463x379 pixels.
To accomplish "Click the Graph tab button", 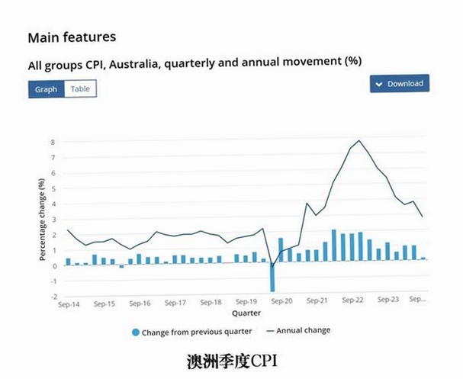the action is [x=47, y=89].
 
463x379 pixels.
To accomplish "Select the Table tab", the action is [x=80, y=89].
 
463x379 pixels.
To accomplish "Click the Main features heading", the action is [x=72, y=37].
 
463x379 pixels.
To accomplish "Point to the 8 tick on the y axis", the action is [x=53, y=142].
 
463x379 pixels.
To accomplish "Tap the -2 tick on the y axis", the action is [x=53, y=297].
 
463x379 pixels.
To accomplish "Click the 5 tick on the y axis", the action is [x=53, y=188].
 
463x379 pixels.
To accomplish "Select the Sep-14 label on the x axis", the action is [x=69, y=304].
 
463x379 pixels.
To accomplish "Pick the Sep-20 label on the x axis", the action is [x=281, y=301].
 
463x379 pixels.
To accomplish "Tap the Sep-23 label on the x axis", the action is [x=388, y=299].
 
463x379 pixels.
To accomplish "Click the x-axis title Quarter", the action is [x=246, y=313].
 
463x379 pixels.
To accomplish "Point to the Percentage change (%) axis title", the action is [x=42, y=220].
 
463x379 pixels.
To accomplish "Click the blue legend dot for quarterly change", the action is [x=136, y=332].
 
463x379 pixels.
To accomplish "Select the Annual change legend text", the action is [x=304, y=330].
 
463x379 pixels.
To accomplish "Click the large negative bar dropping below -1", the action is [x=272, y=278].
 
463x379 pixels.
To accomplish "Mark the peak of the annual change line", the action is [x=359, y=140].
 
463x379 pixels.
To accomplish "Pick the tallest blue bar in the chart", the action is [x=334, y=246].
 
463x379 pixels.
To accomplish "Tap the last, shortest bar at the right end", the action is [x=423, y=259].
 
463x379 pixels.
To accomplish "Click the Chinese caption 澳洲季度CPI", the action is [x=232, y=361].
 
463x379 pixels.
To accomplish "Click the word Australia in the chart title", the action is [x=133, y=64].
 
